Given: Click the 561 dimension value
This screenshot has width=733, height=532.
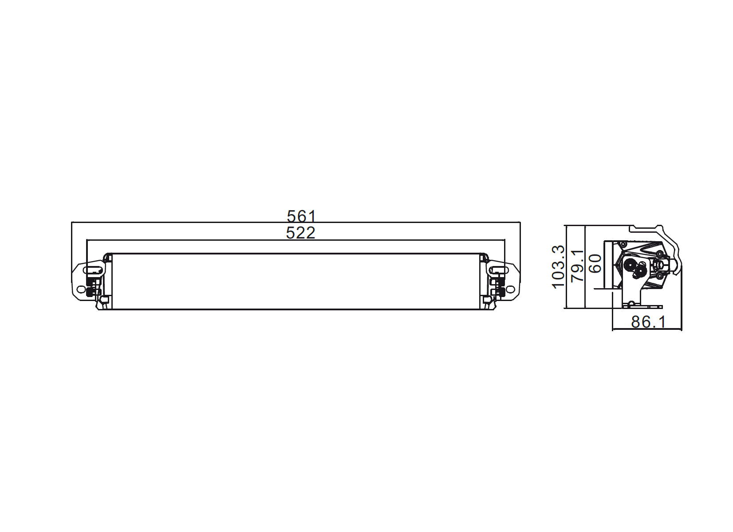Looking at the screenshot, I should pyautogui.click(x=301, y=216).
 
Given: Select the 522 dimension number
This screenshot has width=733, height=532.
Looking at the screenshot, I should pyautogui.click(x=300, y=233).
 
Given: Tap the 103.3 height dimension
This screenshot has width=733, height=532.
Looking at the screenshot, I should pyautogui.click(x=558, y=266).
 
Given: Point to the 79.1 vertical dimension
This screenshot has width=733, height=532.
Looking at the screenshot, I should pyautogui.click(x=578, y=266).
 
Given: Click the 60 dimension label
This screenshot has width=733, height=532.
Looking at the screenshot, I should pyautogui.click(x=595, y=263).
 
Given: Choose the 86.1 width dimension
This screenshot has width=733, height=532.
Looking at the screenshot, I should pyautogui.click(x=648, y=322).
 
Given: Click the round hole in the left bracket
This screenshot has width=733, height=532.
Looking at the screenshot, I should pyautogui.click(x=81, y=289).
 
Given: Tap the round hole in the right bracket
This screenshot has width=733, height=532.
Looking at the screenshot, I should pyautogui.click(x=511, y=289).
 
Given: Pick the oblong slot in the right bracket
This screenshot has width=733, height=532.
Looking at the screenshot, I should pyautogui.click(x=499, y=270).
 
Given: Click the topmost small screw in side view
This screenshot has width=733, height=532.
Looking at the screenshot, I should pyautogui.click(x=623, y=244).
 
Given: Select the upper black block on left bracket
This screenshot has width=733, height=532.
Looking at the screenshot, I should pyautogui.click(x=91, y=282).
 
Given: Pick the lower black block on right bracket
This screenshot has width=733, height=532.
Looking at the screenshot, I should pyautogui.click(x=502, y=292).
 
